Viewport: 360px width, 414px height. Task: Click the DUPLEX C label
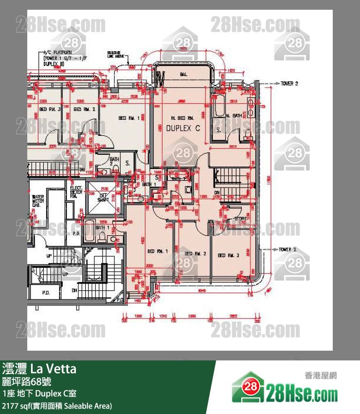[183, 129]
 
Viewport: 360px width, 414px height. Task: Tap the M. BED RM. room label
[182, 118]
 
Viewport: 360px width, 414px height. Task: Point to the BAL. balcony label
[183, 75]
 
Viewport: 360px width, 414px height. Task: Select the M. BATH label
[234, 115]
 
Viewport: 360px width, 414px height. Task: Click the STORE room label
[241, 219]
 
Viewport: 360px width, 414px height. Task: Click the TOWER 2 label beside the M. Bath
[289, 84]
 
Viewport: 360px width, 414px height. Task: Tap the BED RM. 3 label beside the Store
[228, 255]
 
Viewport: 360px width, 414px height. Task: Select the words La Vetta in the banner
[54, 369]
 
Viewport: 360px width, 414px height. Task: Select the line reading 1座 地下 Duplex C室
[38, 393]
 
